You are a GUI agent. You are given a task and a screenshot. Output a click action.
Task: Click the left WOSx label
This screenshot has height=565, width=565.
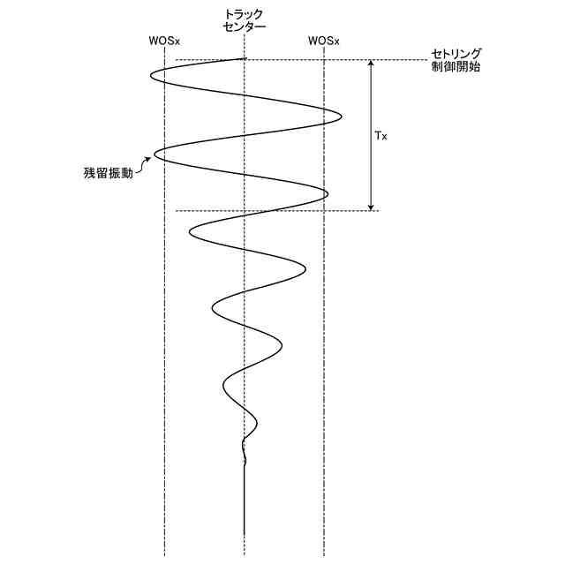tap(164, 41)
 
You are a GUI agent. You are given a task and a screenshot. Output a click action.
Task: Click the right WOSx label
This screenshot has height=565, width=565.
tap(324, 41)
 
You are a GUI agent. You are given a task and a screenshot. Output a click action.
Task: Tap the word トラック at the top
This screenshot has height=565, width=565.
tap(245, 15)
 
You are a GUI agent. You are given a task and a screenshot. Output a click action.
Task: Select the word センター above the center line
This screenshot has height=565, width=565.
tap(245, 28)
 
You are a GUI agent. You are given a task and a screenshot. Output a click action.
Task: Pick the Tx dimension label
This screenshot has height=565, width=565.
tap(381, 136)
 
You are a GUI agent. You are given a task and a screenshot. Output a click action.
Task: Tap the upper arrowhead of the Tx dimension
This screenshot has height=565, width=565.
tap(371, 64)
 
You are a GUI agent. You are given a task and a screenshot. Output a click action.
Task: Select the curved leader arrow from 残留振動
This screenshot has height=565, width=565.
tap(147, 166)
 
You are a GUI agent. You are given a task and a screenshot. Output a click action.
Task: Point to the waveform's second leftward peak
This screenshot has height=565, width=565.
tap(155, 154)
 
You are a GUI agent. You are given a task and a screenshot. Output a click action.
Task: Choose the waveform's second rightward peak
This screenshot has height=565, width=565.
tap(328, 193)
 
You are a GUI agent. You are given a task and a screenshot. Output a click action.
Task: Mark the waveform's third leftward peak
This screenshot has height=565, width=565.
tap(190, 231)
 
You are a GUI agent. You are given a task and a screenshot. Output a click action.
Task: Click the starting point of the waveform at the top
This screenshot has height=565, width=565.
tap(245, 59)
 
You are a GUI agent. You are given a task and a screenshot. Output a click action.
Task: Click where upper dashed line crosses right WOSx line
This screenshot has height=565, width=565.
tap(325, 61)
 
